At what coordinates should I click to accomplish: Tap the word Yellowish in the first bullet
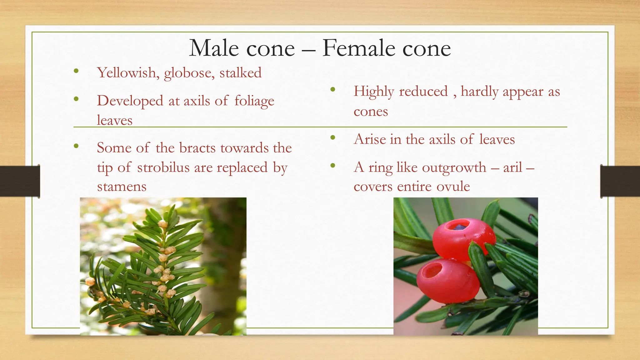[127, 73]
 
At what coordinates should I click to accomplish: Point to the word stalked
[240, 73]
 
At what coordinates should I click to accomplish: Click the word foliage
[254, 101]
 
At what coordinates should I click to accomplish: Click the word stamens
[122, 187]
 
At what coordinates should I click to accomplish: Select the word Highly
[373, 92]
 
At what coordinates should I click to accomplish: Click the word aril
[512, 167]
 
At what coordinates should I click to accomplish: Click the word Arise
[370, 139]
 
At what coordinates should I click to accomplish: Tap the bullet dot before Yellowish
[76, 71]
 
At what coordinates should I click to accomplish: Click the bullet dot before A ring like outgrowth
[333, 165]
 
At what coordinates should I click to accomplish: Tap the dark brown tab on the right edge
[620, 182]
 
